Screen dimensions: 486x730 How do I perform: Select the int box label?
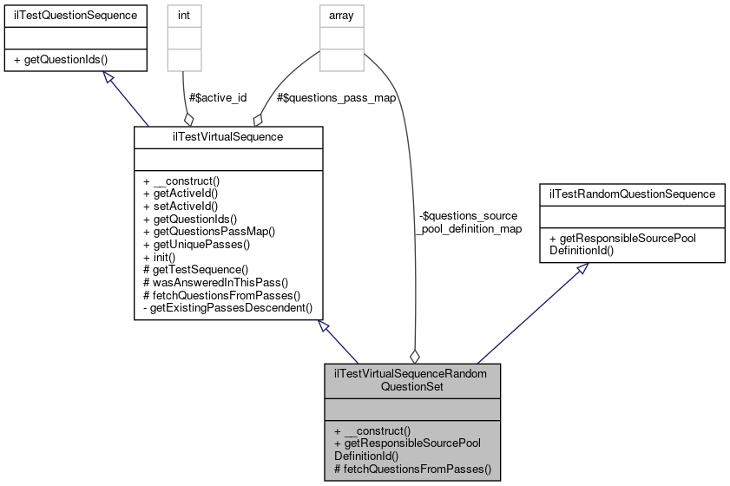click(184, 15)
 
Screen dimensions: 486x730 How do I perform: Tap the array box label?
click(341, 15)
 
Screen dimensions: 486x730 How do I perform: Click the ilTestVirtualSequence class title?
click(228, 136)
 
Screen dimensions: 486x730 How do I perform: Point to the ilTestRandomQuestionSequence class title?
click(631, 194)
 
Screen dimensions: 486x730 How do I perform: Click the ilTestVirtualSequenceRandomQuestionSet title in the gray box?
click(412, 379)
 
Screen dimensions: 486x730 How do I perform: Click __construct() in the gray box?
click(376, 430)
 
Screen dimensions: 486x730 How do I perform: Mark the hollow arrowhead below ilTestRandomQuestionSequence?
click(584, 270)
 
